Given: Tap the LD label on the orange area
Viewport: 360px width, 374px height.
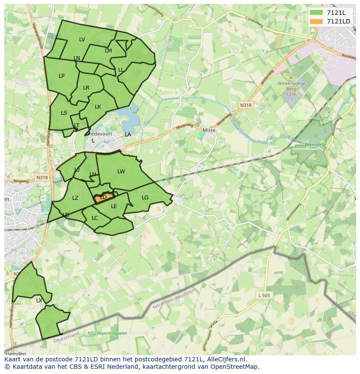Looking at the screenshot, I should (103, 197).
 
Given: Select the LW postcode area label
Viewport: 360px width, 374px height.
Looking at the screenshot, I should (121, 172).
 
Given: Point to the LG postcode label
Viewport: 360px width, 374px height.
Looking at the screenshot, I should (145, 198).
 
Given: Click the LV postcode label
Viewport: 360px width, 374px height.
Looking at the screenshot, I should (82, 40).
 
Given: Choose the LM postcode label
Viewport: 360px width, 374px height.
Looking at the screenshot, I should (108, 51).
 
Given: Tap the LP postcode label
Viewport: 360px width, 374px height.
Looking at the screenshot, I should (62, 76).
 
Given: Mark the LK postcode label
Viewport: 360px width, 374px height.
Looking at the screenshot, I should (98, 107).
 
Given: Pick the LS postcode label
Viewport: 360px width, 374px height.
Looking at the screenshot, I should (64, 113).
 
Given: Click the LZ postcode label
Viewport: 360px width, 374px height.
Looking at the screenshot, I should (75, 198).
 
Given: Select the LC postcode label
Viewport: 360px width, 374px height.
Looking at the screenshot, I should (95, 218).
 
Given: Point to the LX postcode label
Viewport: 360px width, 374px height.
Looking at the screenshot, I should (39, 300).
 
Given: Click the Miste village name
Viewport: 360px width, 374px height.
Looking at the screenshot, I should (210, 130).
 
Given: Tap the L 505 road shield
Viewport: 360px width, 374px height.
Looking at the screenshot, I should (264, 295).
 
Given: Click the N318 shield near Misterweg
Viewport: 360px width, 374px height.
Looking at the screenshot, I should (246, 105).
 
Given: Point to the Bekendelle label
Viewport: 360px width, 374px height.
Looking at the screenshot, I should (315, 144).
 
